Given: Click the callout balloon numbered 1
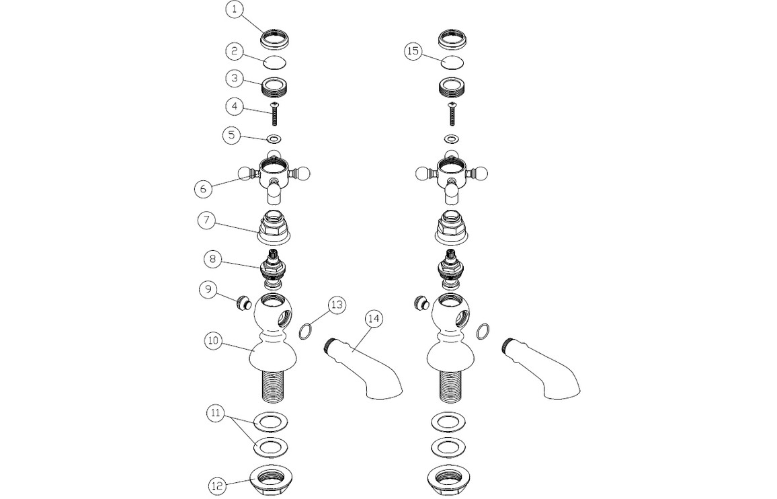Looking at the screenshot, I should pyautogui.click(x=235, y=10).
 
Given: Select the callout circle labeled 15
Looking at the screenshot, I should pyautogui.click(x=413, y=51).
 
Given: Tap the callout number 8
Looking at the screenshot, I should pyautogui.click(x=212, y=258).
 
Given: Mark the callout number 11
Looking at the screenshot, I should pyautogui.click(x=215, y=414).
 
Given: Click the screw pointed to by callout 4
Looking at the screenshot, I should pyautogui.click(x=275, y=113).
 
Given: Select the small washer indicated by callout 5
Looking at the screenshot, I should pyautogui.click(x=274, y=139).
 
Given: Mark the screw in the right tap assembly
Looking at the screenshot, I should pyautogui.click(x=451, y=113).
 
